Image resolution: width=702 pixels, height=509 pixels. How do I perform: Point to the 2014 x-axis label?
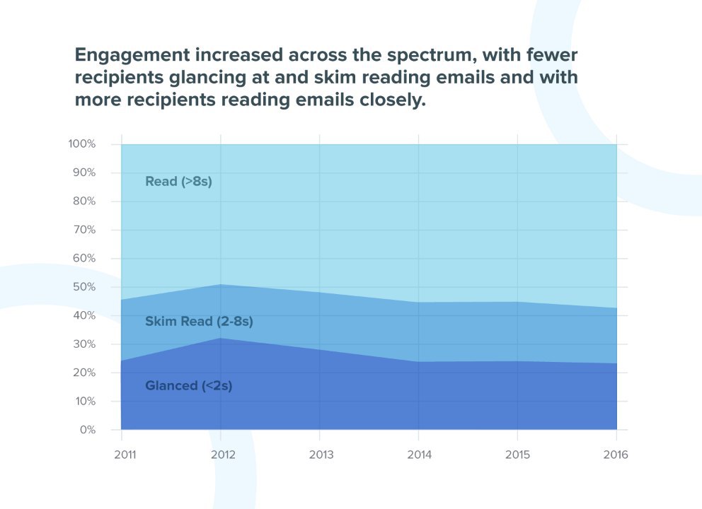pyautogui.click(x=419, y=455)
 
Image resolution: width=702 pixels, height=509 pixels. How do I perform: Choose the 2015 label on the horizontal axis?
pyautogui.click(x=517, y=455)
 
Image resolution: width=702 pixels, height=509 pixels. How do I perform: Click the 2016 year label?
pyautogui.click(x=616, y=455)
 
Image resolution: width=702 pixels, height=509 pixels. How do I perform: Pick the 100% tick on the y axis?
pyautogui.click(x=82, y=144)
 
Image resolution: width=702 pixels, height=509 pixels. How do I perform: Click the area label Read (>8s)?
pyautogui.click(x=178, y=182)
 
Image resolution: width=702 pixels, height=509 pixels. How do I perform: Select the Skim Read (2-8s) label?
pyautogui.click(x=199, y=322)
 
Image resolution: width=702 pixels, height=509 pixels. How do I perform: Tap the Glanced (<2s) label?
pyautogui.click(x=188, y=386)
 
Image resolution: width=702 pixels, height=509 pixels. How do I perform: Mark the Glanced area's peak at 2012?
pyautogui.click(x=221, y=338)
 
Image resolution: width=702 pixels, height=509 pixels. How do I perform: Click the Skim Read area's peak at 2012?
pyautogui.click(x=221, y=284)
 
